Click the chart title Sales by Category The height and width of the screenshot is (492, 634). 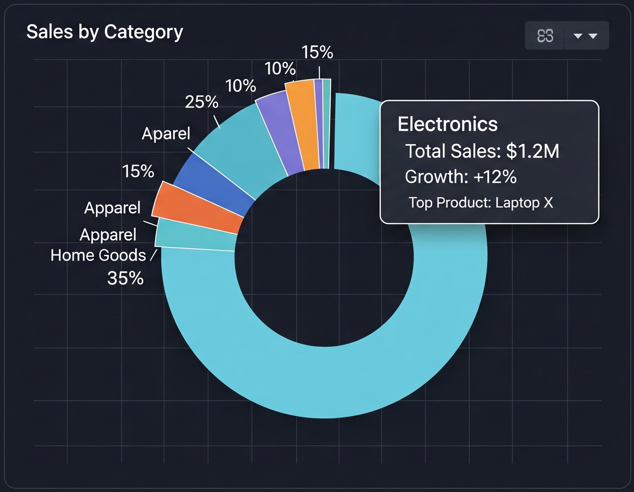(x=105, y=32)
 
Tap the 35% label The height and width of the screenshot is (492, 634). (x=125, y=278)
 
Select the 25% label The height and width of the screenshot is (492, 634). (x=201, y=102)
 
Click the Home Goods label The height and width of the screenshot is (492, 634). (x=98, y=256)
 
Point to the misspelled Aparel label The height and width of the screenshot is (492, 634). (x=166, y=133)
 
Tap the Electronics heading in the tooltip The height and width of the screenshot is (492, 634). (x=447, y=124)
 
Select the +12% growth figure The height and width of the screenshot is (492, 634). (x=495, y=177)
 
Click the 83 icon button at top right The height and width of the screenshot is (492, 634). (x=545, y=36)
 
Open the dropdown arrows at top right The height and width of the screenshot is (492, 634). (x=586, y=36)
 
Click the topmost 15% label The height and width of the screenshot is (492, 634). (x=317, y=52)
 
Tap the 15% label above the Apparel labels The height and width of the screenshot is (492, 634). (x=138, y=172)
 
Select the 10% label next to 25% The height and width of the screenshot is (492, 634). (x=241, y=86)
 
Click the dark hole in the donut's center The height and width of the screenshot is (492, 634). (x=324, y=257)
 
